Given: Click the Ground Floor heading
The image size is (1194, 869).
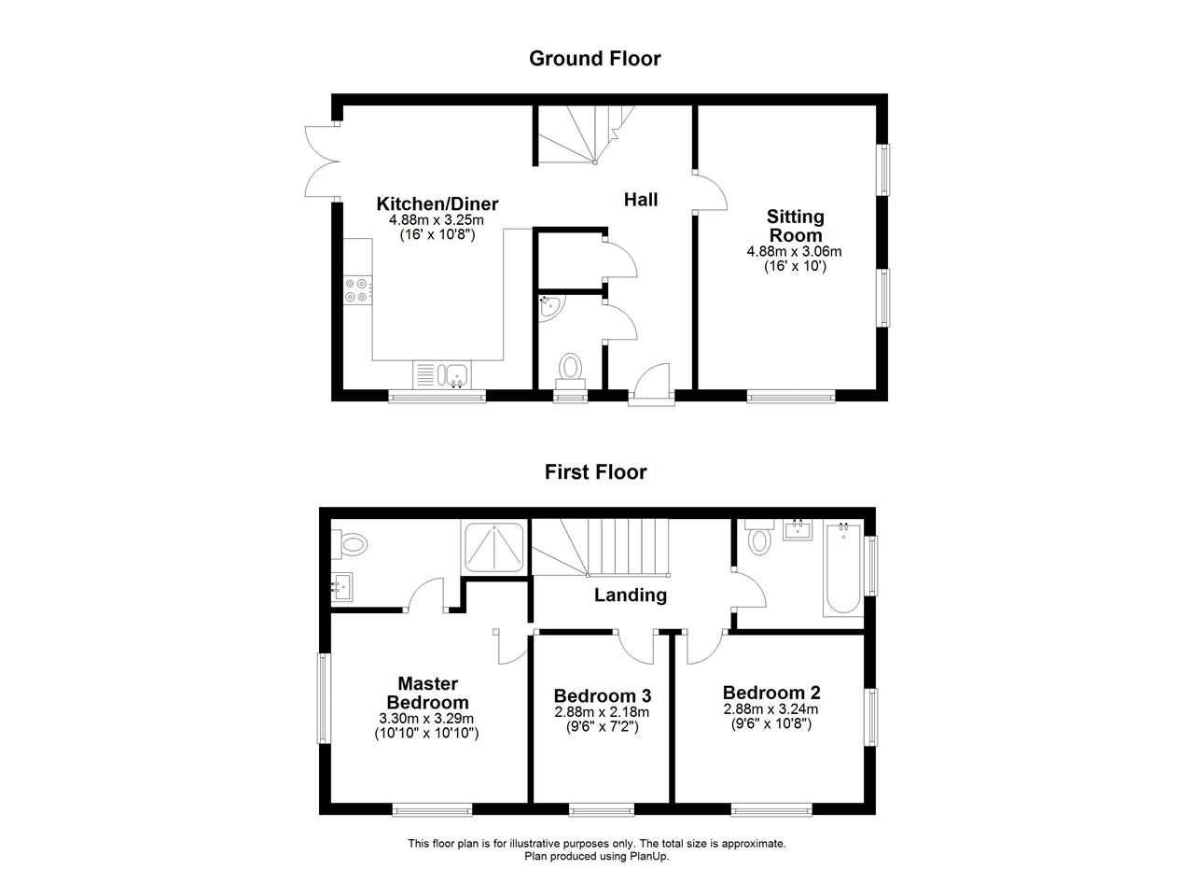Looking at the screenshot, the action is [x=594, y=59].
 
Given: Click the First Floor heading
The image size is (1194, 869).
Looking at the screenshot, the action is [x=595, y=472].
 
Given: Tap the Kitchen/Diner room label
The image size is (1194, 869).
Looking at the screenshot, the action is [x=437, y=203].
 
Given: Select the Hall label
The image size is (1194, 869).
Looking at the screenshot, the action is [x=641, y=200].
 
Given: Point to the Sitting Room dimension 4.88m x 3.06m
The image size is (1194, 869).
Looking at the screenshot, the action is [x=794, y=251].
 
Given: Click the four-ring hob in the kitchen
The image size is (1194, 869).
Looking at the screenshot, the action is [x=357, y=290].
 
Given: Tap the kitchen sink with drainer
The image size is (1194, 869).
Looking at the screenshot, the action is [x=441, y=375].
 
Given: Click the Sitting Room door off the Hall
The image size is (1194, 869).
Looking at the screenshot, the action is [x=712, y=192].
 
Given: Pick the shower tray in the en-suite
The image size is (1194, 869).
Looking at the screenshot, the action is [x=494, y=548].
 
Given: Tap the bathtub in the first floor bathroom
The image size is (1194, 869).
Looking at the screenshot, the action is [x=843, y=570].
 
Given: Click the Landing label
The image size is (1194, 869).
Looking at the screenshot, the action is [x=631, y=596].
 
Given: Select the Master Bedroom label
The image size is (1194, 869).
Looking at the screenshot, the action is [x=427, y=694].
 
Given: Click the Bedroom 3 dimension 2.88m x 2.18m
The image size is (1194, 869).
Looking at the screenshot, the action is [x=602, y=712].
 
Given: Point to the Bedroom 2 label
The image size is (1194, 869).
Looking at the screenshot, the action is [x=771, y=693].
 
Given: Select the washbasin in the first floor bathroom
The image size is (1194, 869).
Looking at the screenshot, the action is [x=798, y=530].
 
